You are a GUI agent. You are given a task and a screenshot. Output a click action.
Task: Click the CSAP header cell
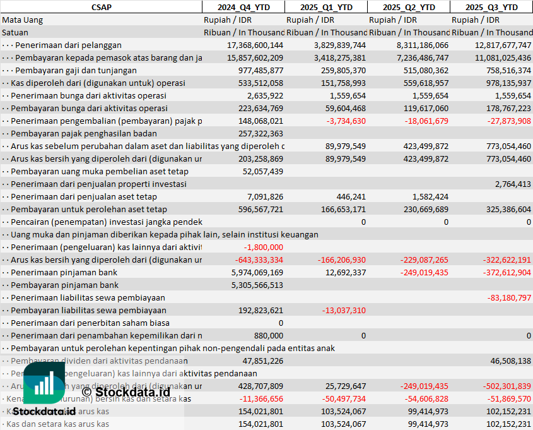pyautogui.click(x=101, y=7)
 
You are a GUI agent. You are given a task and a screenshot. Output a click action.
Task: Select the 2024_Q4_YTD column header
pyautogui.click(x=243, y=7)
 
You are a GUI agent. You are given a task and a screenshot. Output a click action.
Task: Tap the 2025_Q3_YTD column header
pyautogui.click(x=491, y=7)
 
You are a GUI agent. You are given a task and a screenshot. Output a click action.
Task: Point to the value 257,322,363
pyautogui.click(x=258, y=133)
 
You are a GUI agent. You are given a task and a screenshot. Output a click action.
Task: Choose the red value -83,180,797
pyautogui.click(x=509, y=297)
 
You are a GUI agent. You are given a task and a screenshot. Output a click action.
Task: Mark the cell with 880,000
pyautogui.click(x=267, y=335)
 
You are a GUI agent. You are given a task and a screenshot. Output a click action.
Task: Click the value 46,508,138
pyautogui.click(x=510, y=361)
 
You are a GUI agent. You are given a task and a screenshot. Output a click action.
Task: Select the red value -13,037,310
pyautogui.click(x=344, y=310)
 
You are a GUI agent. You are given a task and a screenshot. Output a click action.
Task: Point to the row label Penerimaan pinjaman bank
pyautogui.click(x=64, y=272)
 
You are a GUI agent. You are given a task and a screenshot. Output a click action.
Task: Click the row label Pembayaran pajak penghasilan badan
pyautogui.click(x=83, y=133)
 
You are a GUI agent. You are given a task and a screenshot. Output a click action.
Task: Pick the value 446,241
pyautogui.click(x=351, y=196)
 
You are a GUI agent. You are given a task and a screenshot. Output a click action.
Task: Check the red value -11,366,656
pyautogui.click(x=255, y=398)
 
